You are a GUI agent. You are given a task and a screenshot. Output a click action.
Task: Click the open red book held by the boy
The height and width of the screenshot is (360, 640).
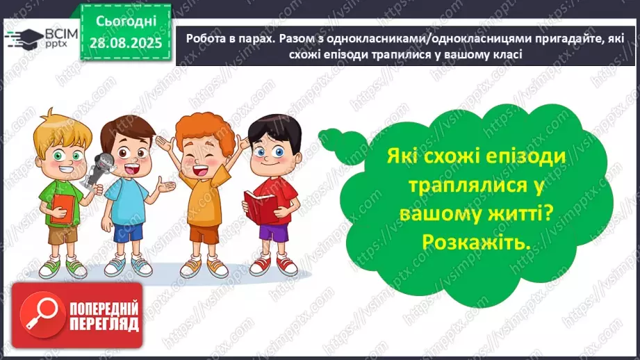259,206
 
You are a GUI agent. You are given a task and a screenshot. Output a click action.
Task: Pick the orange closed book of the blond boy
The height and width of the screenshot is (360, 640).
62,206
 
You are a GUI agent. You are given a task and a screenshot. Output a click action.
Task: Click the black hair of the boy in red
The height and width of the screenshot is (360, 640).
276,130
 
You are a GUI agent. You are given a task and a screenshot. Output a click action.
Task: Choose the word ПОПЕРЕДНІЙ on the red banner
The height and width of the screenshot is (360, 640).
104,309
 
